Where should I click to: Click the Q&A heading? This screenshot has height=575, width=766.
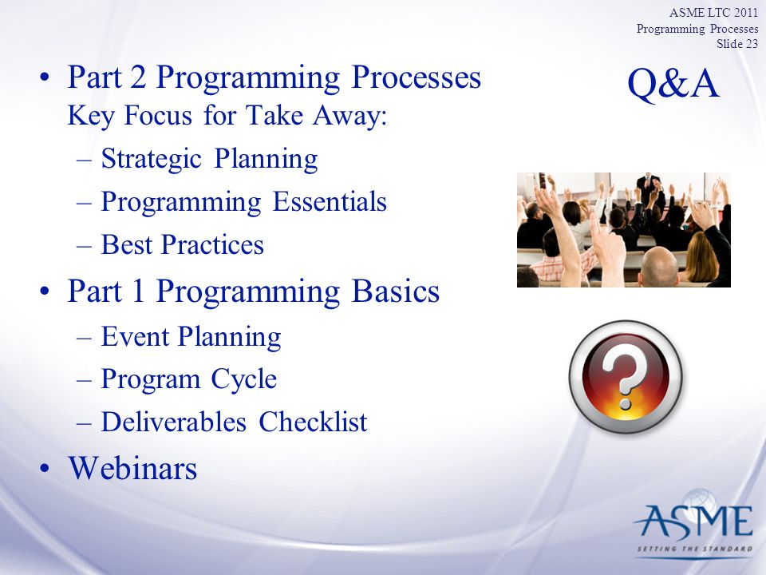coord(673,84)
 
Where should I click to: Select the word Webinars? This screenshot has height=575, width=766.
coord(132,468)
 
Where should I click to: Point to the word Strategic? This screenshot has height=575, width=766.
coord(152,159)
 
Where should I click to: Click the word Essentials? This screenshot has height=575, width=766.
coord(330,201)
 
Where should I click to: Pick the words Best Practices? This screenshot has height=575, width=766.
coord(182,244)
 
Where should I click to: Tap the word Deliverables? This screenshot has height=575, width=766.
coord(173,422)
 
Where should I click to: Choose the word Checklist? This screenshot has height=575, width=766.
coord(313,422)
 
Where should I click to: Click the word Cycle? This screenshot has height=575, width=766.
coord(244,379)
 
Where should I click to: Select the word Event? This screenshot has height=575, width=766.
coord(135,336)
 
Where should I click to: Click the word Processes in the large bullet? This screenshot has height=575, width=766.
coord(416,77)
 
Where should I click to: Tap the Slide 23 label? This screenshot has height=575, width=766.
coord(737,43)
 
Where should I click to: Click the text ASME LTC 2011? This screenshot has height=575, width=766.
coord(713,12)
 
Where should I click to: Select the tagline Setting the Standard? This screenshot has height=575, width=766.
coord(695,549)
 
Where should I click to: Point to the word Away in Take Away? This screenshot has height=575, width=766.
coord(349,116)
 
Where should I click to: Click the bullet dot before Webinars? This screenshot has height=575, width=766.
coord(45,468)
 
